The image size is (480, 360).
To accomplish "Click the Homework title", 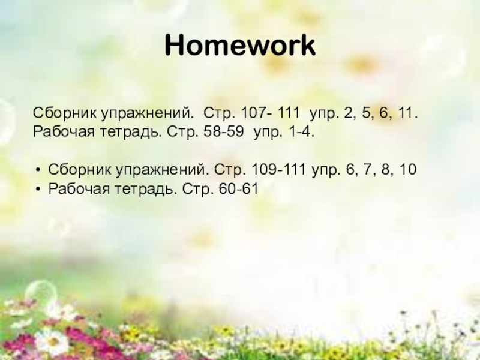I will coord(240,46).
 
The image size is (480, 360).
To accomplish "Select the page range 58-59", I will coord(224,131).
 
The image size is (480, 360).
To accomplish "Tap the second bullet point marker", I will coord(38,189).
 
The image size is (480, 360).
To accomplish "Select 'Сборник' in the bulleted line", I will coord(74,170).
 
